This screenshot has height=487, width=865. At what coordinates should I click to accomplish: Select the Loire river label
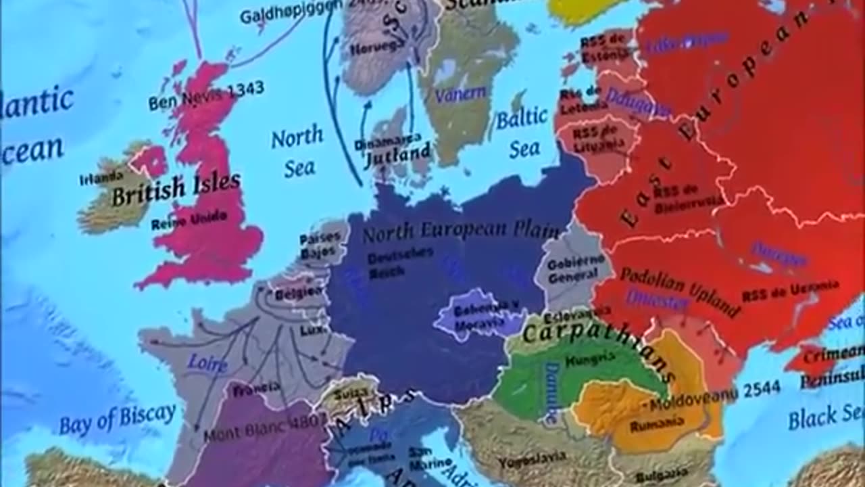coord(207,363)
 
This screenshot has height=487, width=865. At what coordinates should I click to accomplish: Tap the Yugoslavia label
coord(532,459)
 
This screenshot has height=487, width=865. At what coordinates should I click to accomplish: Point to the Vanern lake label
coord(460,95)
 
